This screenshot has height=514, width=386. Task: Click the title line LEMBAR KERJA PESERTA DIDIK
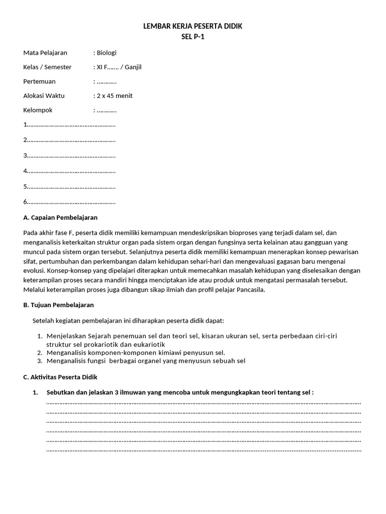click(x=193, y=26)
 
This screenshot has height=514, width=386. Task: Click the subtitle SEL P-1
click(x=193, y=36)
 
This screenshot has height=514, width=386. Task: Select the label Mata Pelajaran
click(x=45, y=53)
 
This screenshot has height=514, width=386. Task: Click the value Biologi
click(x=107, y=53)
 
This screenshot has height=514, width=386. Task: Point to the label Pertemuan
click(x=39, y=81)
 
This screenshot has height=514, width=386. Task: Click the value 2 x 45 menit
click(x=115, y=95)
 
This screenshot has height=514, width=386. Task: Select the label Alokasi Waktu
click(x=44, y=95)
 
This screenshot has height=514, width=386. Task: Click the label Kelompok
click(x=38, y=110)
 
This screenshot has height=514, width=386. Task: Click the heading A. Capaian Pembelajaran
click(x=60, y=217)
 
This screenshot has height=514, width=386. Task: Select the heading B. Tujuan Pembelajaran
click(x=58, y=305)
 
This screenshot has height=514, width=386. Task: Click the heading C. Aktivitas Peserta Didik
click(x=60, y=377)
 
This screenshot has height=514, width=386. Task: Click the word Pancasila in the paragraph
click(x=250, y=290)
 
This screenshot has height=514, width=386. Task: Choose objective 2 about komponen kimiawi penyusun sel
click(x=136, y=353)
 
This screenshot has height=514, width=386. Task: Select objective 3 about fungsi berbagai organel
click(x=146, y=361)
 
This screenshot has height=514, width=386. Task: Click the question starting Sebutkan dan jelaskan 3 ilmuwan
click(x=180, y=392)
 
